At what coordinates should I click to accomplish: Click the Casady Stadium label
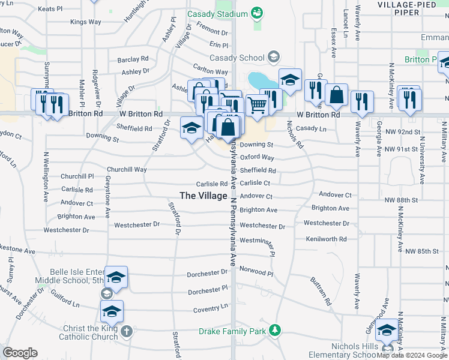(x=217, y=14)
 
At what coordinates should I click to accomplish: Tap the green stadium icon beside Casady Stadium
(x=257, y=13)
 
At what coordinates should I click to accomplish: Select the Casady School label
(x=237, y=58)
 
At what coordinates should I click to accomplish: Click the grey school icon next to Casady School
(x=274, y=58)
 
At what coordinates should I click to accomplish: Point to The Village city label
(x=203, y=196)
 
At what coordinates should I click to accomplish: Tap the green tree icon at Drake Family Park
(x=274, y=330)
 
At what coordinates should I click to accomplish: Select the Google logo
(x=20, y=353)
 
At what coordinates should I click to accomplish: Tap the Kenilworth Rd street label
(x=326, y=239)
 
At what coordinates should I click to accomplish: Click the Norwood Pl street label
(x=256, y=273)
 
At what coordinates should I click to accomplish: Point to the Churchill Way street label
(x=127, y=169)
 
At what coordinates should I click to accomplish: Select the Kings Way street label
(x=86, y=22)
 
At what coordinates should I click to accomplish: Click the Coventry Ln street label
(x=211, y=308)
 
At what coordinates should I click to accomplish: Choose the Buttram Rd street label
(x=321, y=292)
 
